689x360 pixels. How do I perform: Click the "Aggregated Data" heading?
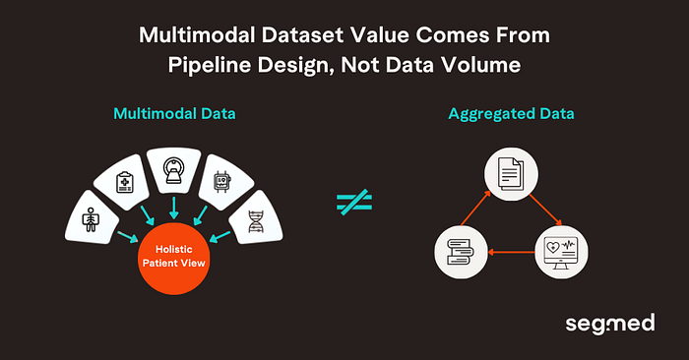tap(512, 114)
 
